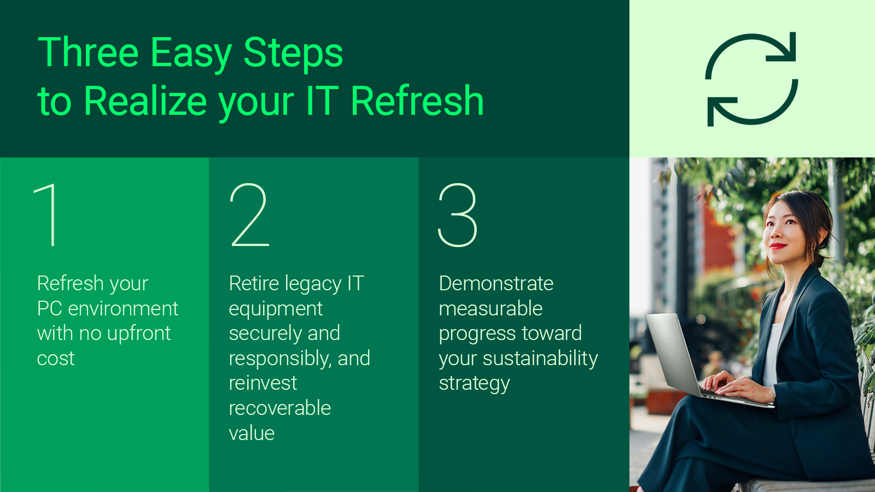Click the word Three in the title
coord(87,53)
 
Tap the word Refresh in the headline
coord(417,101)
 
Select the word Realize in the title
coord(145,101)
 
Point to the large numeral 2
coord(250,215)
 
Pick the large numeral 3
coord(458,215)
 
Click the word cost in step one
coord(55,359)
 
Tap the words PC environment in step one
coord(107,309)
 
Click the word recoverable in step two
coord(279,408)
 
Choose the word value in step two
coord(252,434)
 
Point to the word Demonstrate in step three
coord(496,284)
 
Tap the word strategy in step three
coord(474,384)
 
